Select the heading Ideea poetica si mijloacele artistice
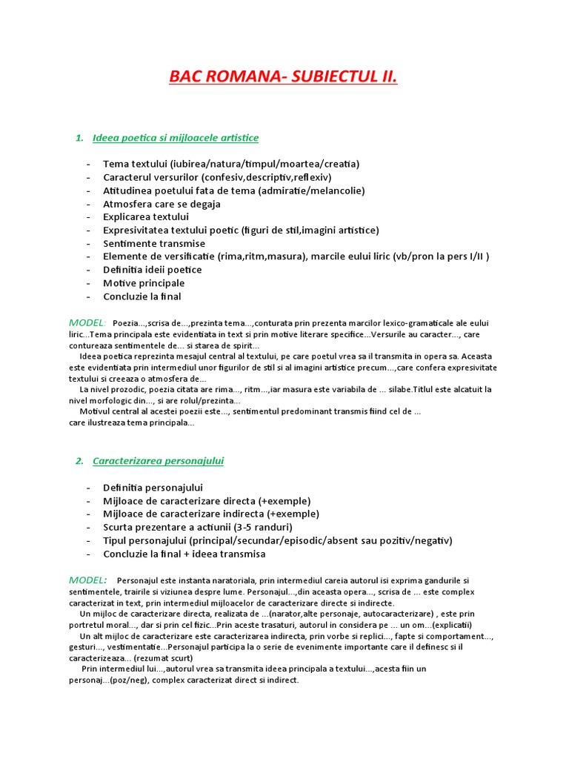click(176, 138)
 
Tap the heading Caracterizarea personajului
click(158, 461)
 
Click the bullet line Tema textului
click(220, 164)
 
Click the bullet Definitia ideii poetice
click(152, 270)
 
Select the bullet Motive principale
click(144, 283)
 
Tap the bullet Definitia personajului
click(153, 488)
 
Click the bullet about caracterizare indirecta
click(211, 514)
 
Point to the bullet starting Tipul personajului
click(277, 540)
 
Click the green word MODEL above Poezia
click(87, 322)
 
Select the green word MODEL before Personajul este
click(87, 579)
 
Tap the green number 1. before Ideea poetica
click(79, 138)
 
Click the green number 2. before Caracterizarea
click(79, 461)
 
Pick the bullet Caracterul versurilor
click(217, 177)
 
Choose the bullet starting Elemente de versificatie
click(296, 256)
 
